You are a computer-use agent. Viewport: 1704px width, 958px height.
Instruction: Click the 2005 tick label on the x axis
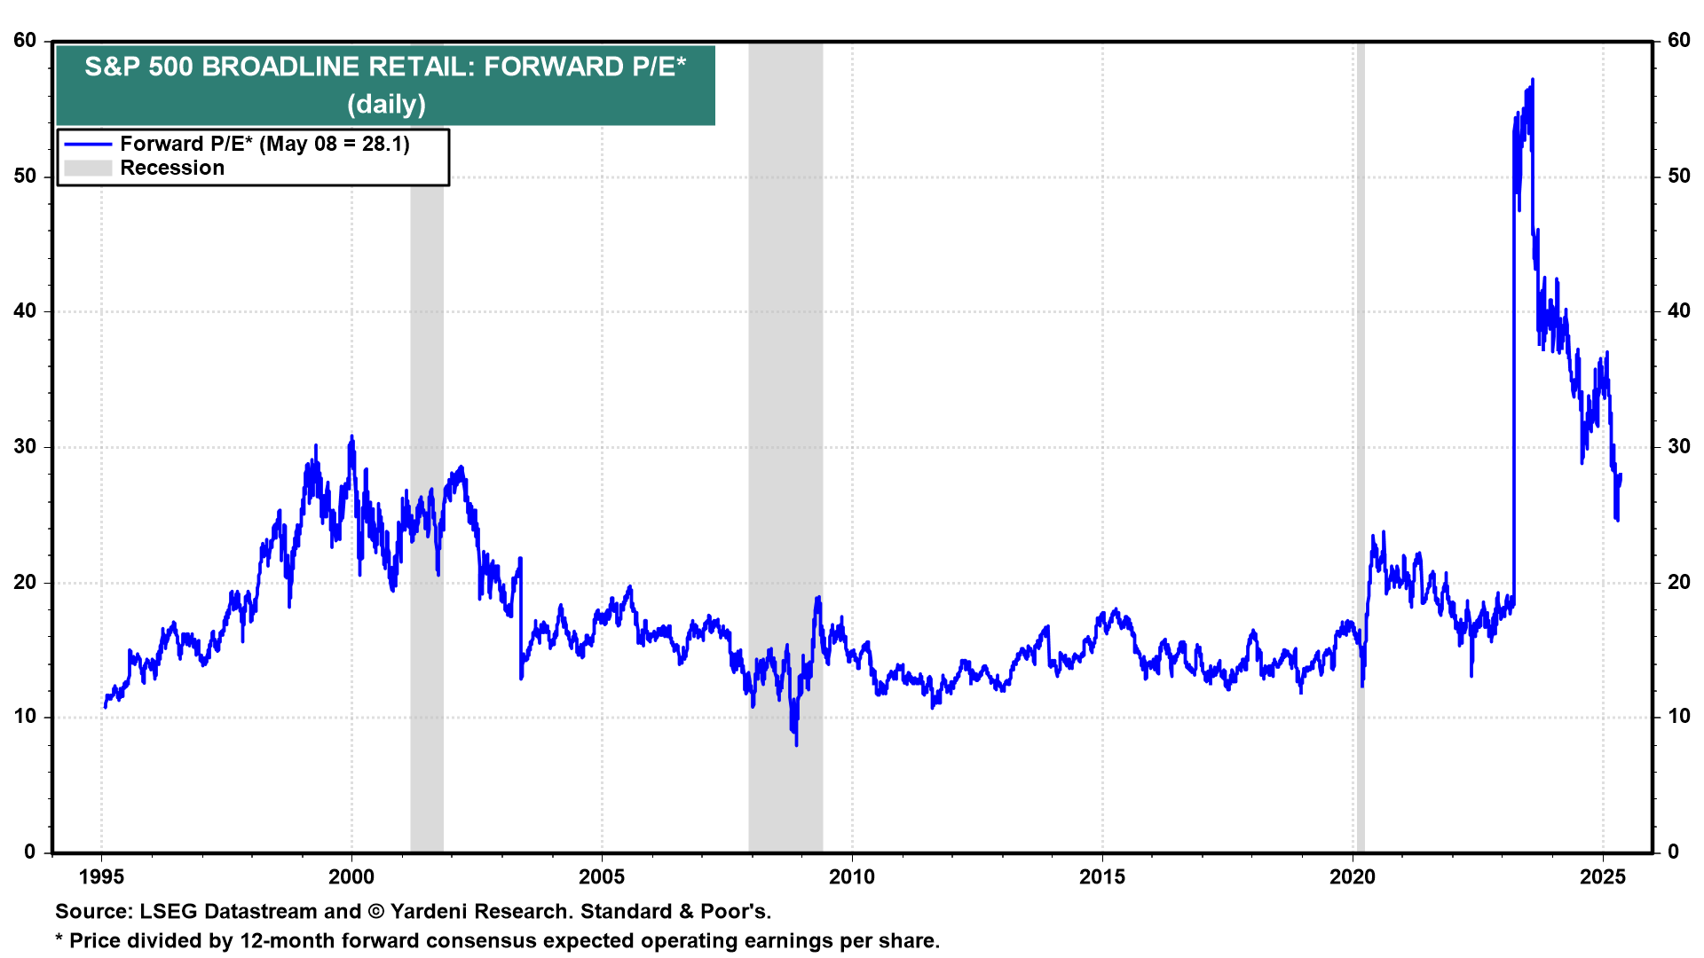tap(602, 877)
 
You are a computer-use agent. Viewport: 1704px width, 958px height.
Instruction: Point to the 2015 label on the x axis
tap(1102, 877)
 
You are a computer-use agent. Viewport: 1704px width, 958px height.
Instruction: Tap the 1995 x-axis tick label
tap(101, 877)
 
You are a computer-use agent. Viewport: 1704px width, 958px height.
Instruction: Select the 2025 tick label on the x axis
tap(1603, 877)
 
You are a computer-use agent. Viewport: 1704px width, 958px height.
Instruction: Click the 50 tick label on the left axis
tap(25, 176)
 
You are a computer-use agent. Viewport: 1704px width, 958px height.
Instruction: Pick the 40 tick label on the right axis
tap(1679, 311)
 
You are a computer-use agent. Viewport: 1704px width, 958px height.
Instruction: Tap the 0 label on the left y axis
tap(30, 852)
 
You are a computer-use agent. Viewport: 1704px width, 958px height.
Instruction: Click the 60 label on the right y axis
tap(1679, 41)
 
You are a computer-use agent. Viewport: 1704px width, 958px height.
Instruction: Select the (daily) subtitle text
tap(386, 104)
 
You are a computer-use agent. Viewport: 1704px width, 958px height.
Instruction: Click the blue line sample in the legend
tap(88, 144)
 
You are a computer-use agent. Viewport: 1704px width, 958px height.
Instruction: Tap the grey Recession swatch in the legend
tap(88, 168)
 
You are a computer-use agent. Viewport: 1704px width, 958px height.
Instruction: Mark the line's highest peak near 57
tap(1533, 80)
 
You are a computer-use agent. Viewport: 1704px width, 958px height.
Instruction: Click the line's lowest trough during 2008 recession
tap(796, 744)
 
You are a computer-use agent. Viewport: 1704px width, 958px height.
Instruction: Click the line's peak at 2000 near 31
tap(351, 436)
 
